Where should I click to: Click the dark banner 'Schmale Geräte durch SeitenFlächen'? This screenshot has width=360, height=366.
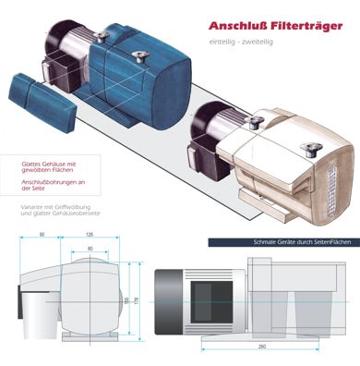[x=282, y=242]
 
